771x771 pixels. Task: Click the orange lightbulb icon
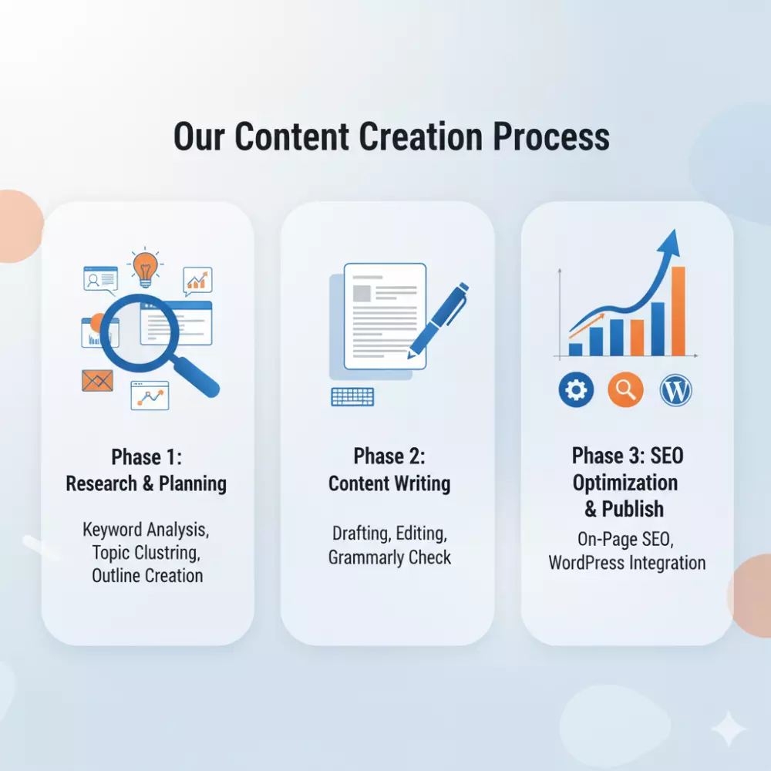coord(145,268)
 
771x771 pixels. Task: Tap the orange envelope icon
coord(97,381)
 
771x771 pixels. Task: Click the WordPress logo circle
coord(675,390)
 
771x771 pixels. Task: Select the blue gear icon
coord(576,390)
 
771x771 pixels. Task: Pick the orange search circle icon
coord(625,390)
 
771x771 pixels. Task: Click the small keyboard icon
coord(352,397)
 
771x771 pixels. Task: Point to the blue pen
coord(438,320)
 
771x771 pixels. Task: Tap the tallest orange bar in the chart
coord(678,311)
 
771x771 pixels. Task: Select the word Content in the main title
coord(291,136)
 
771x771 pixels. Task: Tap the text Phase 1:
coord(146,456)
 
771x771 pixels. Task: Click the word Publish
coord(633,509)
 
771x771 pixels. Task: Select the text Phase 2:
coord(389,456)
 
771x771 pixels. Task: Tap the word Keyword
coord(112,530)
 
